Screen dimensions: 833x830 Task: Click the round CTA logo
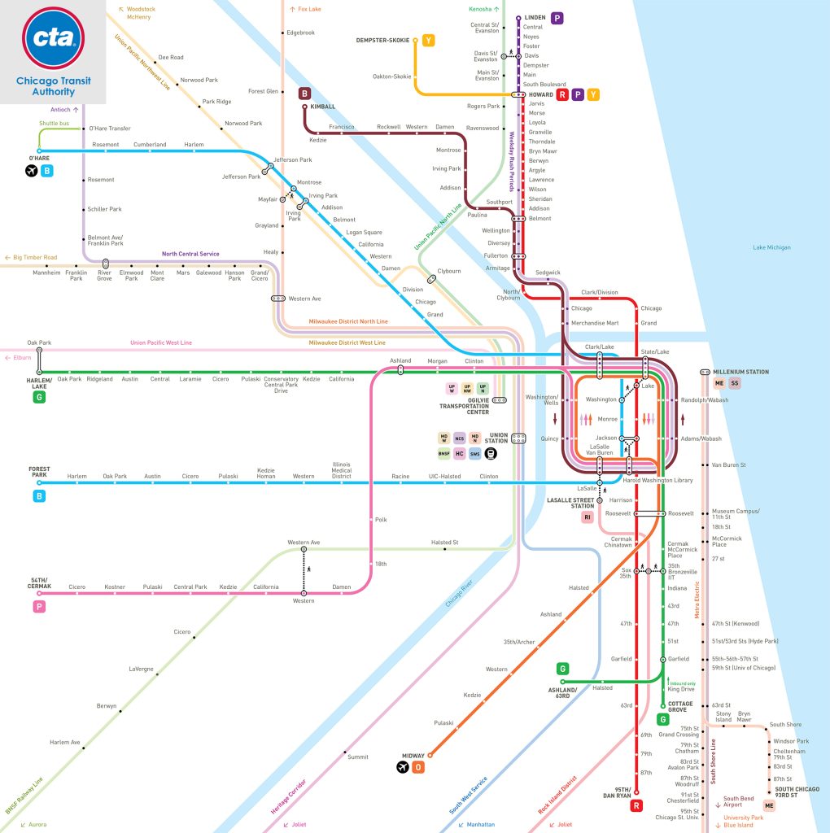(53, 38)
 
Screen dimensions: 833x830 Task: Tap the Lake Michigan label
(771, 247)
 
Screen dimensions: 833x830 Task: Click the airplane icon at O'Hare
(32, 171)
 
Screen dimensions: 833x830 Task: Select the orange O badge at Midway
(418, 767)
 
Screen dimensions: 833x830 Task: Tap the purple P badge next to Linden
(557, 17)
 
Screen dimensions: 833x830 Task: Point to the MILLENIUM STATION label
(740, 372)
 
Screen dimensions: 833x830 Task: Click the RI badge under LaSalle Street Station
(587, 517)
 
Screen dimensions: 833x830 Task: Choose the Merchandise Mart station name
(595, 323)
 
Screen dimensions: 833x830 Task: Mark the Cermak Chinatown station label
(621, 542)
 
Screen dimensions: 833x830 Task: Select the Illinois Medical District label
(342, 470)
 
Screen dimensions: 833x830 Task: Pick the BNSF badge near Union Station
(443, 453)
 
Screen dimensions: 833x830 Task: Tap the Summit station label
(358, 757)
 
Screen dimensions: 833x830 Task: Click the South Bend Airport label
(739, 801)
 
